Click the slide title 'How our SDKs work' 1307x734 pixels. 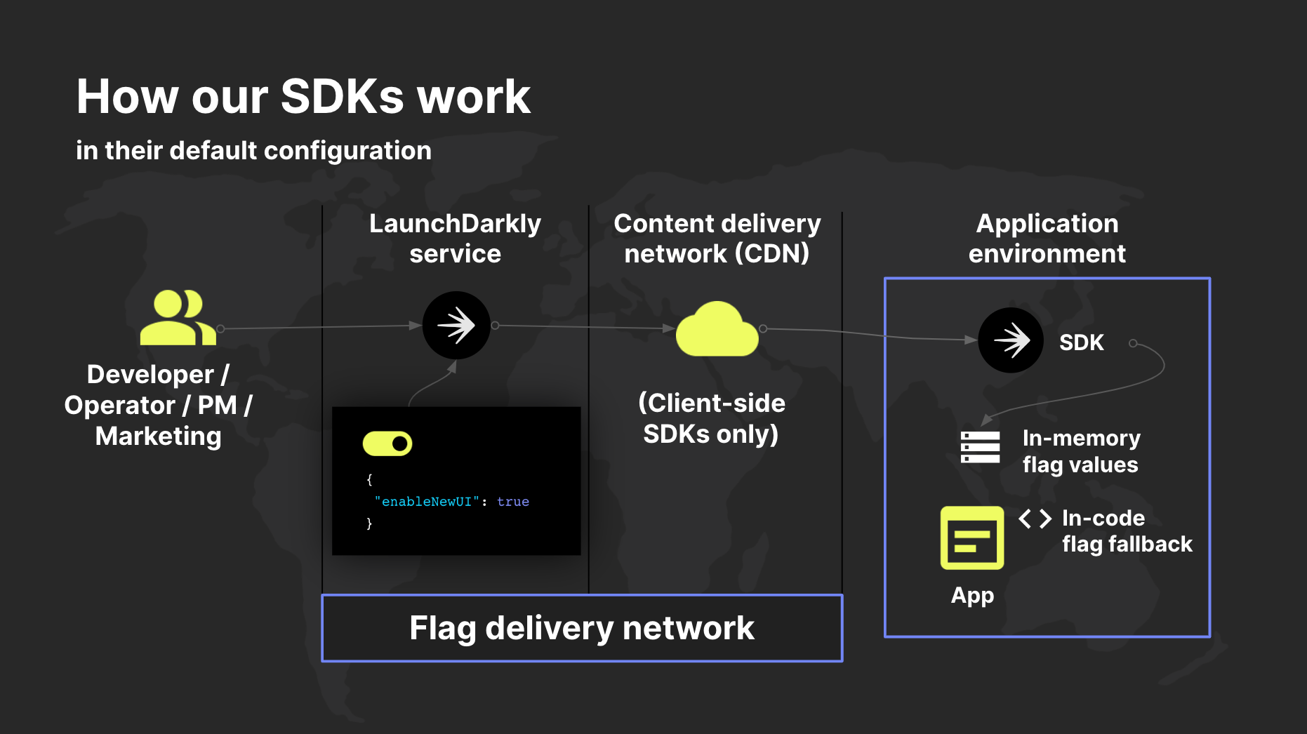pyautogui.click(x=303, y=96)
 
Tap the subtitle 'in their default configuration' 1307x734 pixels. pyautogui.click(x=253, y=151)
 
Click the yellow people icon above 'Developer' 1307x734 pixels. pyautogui.click(x=177, y=318)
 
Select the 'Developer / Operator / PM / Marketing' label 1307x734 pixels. pyautogui.click(x=158, y=405)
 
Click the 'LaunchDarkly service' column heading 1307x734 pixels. pyautogui.click(x=455, y=239)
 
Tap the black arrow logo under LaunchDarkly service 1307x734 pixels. pyautogui.click(x=456, y=326)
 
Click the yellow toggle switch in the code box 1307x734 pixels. pyautogui.click(x=387, y=443)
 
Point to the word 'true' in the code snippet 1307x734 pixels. pyautogui.click(x=513, y=502)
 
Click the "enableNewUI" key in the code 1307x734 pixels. pyautogui.click(x=427, y=502)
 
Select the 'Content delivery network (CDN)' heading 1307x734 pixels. pyautogui.click(x=717, y=239)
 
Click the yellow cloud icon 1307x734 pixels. pyautogui.click(x=717, y=331)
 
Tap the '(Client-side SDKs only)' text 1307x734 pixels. pyautogui.click(x=711, y=418)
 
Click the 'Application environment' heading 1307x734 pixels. pyautogui.click(x=1047, y=239)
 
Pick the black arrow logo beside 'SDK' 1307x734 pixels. pyautogui.click(x=1011, y=340)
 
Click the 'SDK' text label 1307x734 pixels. pyautogui.click(x=1081, y=342)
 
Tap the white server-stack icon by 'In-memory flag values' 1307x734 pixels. pyautogui.click(x=980, y=448)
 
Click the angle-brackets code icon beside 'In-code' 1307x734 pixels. pyautogui.click(x=1035, y=519)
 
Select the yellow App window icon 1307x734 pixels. pyautogui.click(x=972, y=538)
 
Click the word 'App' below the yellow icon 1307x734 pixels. pyautogui.click(x=972, y=596)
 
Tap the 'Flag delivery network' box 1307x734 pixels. pyautogui.click(x=582, y=628)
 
